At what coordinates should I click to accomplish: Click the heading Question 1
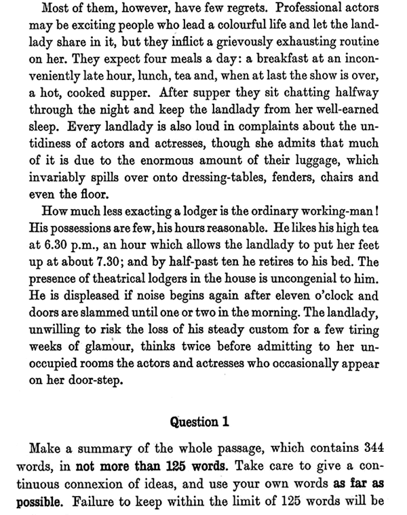203,421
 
